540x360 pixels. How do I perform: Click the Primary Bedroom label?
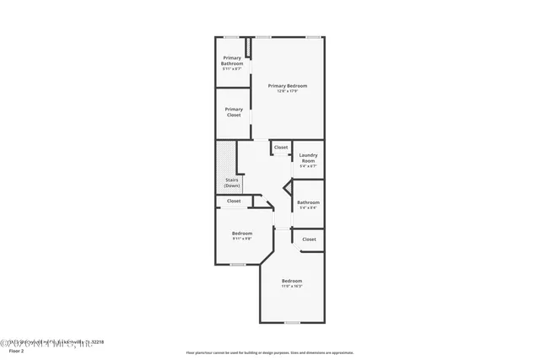click(x=287, y=85)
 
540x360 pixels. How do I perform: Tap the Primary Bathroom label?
click(x=232, y=62)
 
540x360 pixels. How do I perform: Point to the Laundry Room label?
click(x=308, y=158)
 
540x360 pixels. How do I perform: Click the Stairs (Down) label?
click(x=232, y=182)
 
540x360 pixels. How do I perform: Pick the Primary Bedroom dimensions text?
click(x=287, y=91)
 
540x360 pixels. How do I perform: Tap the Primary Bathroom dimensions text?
click(x=232, y=69)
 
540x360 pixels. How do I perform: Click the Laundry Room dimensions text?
click(x=308, y=166)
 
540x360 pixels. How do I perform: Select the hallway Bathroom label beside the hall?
click(x=308, y=202)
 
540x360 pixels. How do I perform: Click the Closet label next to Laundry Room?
click(x=280, y=148)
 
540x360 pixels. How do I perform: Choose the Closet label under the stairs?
click(x=234, y=201)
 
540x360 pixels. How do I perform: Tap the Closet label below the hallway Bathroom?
click(x=309, y=239)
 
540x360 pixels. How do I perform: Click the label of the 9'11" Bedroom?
click(x=242, y=233)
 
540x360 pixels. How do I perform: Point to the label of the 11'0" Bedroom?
click(x=292, y=281)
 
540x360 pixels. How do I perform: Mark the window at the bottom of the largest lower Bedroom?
click(x=292, y=322)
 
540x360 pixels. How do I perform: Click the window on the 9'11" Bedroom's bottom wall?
click(x=238, y=265)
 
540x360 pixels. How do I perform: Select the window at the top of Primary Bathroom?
click(x=229, y=36)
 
